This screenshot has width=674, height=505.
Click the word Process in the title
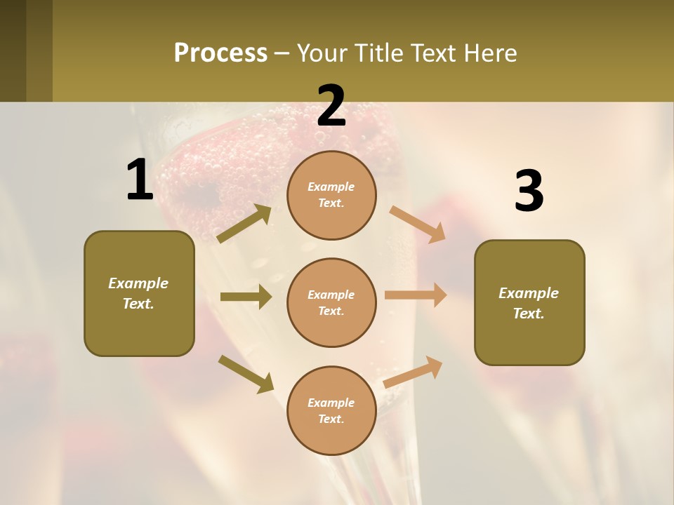[220, 53]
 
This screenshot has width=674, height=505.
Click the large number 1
[140, 180]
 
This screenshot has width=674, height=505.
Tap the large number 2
[331, 107]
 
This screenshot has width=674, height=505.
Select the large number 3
[529, 191]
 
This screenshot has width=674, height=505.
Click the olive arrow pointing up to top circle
[244, 224]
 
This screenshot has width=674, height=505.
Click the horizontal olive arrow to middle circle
[245, 297]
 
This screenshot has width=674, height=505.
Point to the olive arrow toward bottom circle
[245, 373]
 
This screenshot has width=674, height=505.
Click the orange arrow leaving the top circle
[417, 224]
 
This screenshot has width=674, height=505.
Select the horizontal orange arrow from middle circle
[415, 295]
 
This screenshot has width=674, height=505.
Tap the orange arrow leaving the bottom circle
[413, 372]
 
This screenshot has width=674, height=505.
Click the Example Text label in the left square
[139, 293]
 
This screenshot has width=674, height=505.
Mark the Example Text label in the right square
[529, 303]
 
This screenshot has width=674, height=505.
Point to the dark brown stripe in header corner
[13, 50]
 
